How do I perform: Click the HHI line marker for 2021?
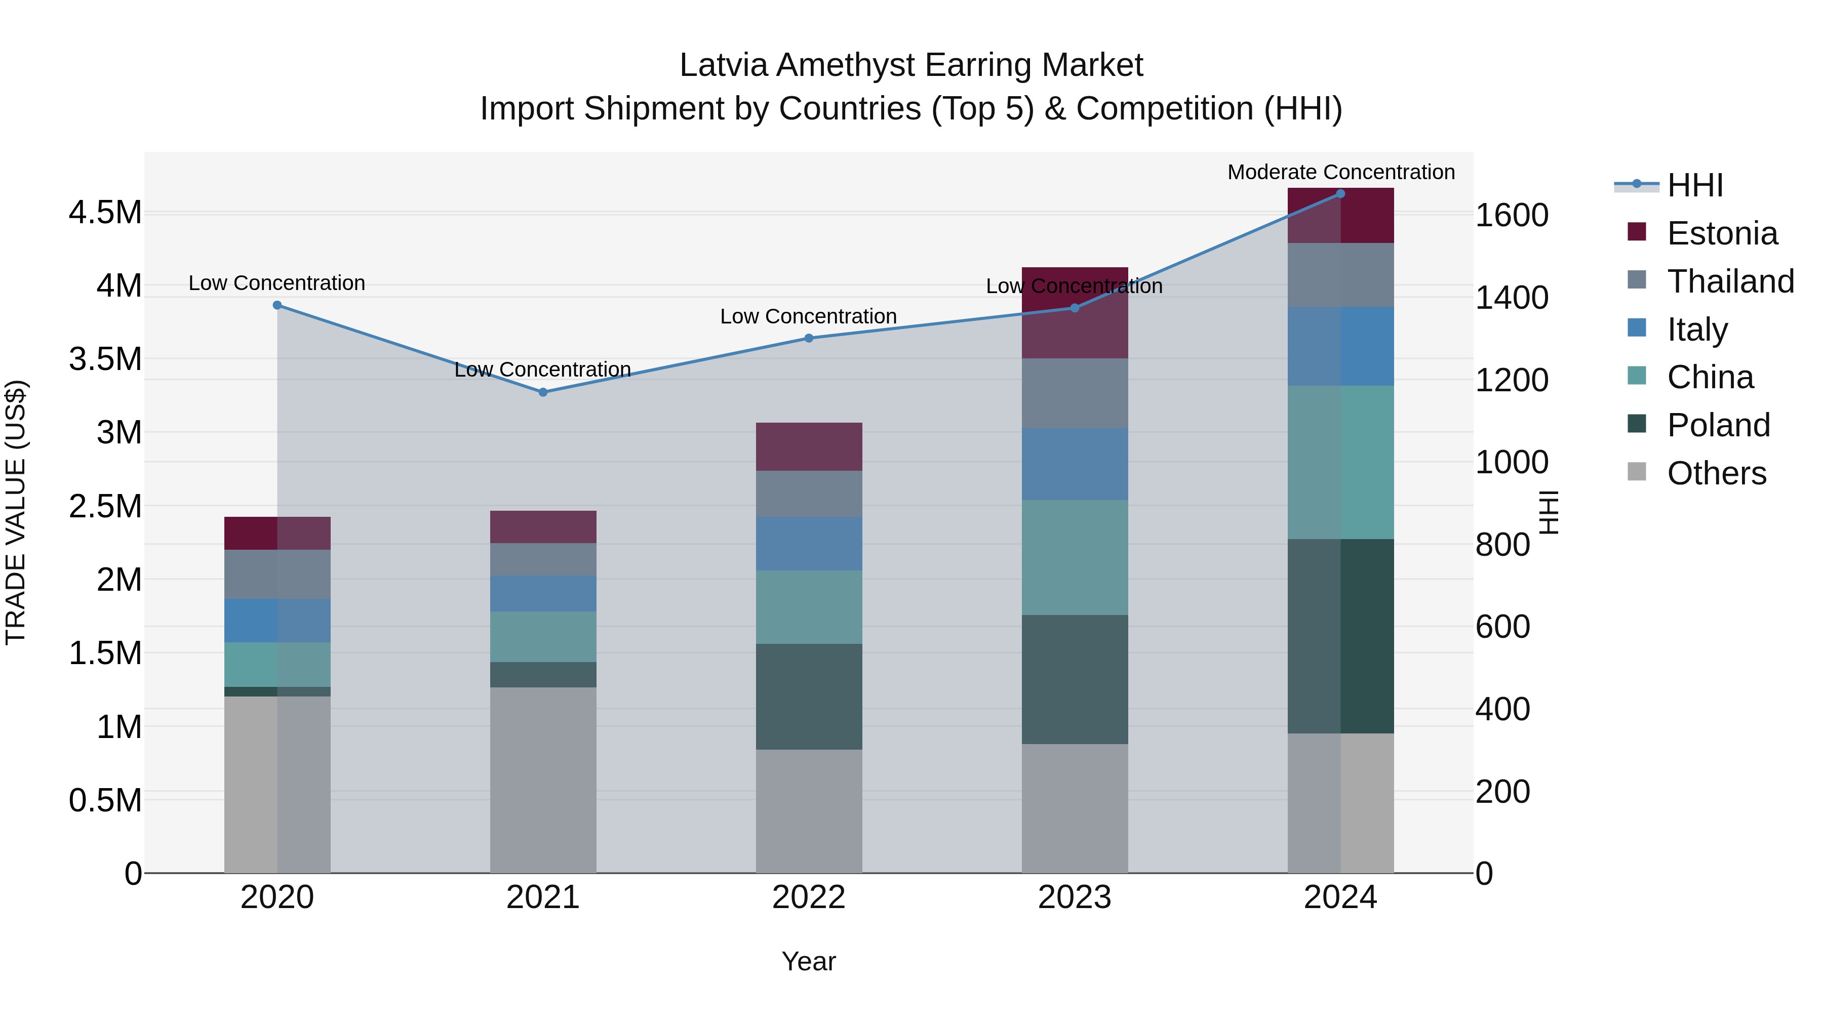(543, 392)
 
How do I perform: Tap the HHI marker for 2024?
(1340, 194)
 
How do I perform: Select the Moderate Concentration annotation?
(1340, 172)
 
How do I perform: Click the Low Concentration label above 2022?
(808, 316)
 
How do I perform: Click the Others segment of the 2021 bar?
(543, 780)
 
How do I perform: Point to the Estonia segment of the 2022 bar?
(809, 446)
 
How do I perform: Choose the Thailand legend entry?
(1730, 281)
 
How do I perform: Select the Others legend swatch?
(1637, 472)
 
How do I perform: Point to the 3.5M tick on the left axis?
(105, 359)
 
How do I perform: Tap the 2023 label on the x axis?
(1074, 897)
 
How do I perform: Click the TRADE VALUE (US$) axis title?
(16, 512)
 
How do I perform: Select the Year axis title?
(808, 961)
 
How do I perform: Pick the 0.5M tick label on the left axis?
(105, 801)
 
